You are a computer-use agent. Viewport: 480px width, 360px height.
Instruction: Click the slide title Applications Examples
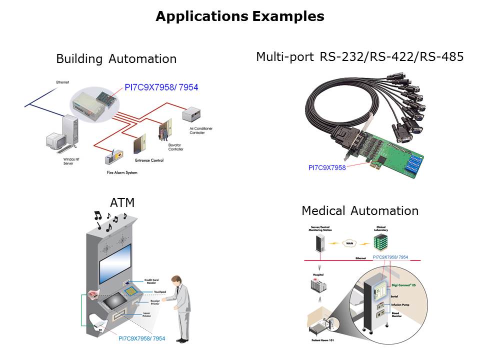pyautogui.click(x=239, y=16)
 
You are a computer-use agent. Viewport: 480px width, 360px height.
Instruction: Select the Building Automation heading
pyautogui.click(x=116, y=59)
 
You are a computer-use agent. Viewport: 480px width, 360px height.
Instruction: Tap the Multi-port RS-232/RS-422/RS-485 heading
pyautogui.click(x=359, y=57)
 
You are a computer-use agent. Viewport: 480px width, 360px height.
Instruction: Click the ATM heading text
pyautogui.click(x=122, y=202)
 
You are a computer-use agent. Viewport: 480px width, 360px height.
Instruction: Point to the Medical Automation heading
pyautogui.click(x=359, y=211)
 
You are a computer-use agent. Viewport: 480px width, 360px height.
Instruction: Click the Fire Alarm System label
pyautogui.click(x=122, y=172)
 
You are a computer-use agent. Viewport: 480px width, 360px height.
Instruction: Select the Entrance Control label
pyautogui.click(x=150, y=160)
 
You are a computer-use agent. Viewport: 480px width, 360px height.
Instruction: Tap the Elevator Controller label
pyautogui.click(x=175, y=147)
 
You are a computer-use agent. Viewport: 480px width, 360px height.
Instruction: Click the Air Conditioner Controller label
pyautogui.click(x=200, y=130)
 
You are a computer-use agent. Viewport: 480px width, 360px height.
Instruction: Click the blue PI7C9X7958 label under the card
pyautogui.click(x=326, y=167)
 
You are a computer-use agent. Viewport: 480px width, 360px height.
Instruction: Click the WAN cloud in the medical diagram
pyautogui.click(x=348, y=243)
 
